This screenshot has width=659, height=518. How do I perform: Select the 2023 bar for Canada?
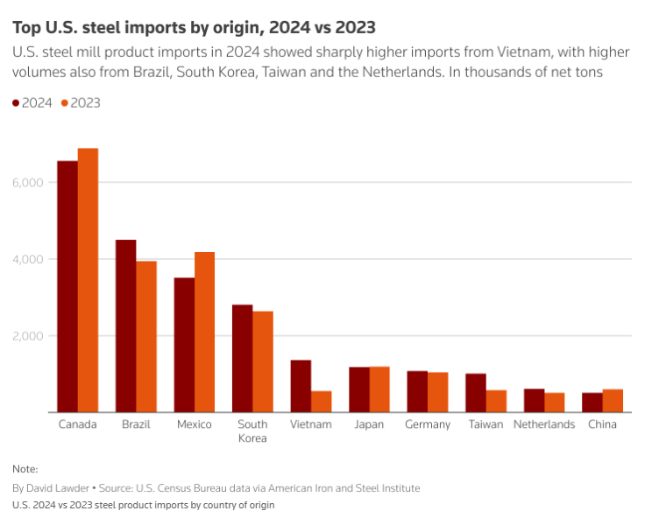pos(88,280)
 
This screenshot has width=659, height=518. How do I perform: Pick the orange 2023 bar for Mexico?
pos(204,332)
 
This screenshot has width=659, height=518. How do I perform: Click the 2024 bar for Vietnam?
pos(301,386)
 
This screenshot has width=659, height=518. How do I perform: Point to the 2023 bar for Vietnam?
pos(322,402)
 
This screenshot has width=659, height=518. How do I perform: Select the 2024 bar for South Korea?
pos(243,358)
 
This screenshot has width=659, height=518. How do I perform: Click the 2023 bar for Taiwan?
pos(496,401)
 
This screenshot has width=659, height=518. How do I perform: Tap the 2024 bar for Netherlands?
pos(535,401)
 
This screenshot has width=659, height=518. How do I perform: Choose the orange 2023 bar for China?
pos(613,401)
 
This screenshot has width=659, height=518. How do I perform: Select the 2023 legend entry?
pos(80,103)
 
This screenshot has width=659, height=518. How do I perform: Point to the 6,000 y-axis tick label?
pos(28,182)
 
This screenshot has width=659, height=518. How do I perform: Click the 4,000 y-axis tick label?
pos(28,259)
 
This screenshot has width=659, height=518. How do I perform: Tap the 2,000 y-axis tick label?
pos(28,336)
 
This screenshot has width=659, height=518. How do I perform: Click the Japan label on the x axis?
pos(369,424)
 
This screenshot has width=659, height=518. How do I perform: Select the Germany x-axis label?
pos(428,424)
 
